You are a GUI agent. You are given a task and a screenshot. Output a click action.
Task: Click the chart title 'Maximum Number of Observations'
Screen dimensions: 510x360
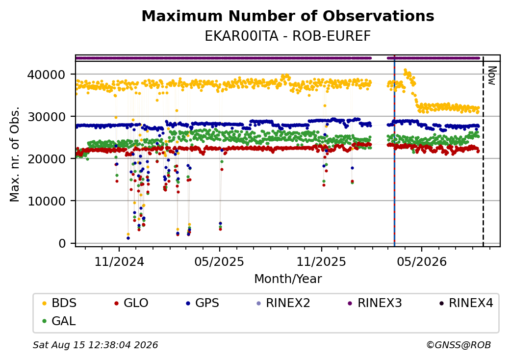(288, 16)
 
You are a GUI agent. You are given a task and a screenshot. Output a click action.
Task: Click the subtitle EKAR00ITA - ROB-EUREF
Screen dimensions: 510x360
(288, 36)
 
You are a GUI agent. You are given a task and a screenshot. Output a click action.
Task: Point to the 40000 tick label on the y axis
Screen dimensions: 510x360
(46, 75)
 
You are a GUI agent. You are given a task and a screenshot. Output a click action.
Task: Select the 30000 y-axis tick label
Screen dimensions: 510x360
(46, 117)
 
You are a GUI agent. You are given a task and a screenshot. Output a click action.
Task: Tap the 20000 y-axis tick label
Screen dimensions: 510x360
(46, 159)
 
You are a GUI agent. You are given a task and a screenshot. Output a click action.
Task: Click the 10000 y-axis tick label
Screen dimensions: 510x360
(46, 201)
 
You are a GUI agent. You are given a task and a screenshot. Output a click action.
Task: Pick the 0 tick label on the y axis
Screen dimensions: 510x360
(62, 243)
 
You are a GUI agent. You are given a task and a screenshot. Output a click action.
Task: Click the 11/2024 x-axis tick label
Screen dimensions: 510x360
(119, 261)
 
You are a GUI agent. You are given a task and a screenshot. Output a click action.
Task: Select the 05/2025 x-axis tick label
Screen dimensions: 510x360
(219, 261)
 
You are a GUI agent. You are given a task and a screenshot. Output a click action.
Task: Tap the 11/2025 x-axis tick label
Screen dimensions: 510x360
(321, 261)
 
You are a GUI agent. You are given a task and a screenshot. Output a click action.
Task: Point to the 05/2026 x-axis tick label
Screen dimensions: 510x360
(422, 261)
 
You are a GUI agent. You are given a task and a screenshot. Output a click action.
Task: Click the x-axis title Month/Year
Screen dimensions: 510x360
(288, 279)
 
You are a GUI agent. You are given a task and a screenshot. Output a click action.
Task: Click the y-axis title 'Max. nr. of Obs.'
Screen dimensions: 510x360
(14, 154)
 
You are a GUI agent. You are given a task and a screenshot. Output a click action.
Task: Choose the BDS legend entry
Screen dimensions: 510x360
(60, 303)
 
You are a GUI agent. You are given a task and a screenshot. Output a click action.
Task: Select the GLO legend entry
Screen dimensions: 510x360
(131, 303)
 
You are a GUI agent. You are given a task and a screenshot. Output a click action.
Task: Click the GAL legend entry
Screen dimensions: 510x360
(59, 321)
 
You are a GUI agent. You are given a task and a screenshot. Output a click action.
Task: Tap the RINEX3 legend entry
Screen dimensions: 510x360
(375, 303)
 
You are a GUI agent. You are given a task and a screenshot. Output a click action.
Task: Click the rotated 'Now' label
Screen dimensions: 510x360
(492, 76)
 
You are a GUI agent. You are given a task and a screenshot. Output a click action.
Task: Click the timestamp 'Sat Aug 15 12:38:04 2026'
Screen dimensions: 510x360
(95, 345)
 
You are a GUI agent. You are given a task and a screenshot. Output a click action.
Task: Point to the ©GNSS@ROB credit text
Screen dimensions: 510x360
(459, 345)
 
